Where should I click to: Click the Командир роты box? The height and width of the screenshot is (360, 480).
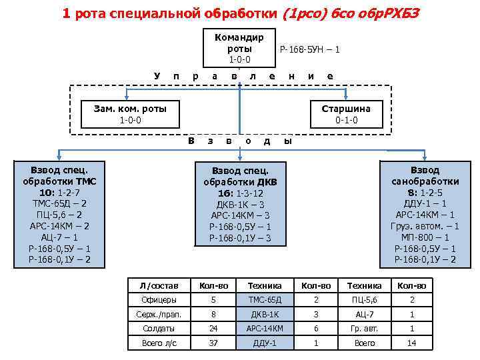tap(239, 49)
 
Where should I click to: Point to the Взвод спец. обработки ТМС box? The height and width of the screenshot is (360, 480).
tap(59, 214)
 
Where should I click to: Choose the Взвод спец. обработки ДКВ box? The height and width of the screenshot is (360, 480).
tap(239, 203)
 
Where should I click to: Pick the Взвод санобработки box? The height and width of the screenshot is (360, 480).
tap(425, 214)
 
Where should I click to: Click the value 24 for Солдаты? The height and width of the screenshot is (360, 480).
tap(213, 329)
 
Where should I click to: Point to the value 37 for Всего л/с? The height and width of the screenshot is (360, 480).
tap(213, 343)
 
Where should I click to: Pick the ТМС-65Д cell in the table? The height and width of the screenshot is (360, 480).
tap(265, 300)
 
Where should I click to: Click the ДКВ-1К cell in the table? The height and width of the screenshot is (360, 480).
tap(265, 314)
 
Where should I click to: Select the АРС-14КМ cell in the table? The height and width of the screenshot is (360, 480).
tap(265, 329)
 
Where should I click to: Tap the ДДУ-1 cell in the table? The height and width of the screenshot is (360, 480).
tap(265, 343)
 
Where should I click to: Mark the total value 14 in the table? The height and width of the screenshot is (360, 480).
tap(412, 343)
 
